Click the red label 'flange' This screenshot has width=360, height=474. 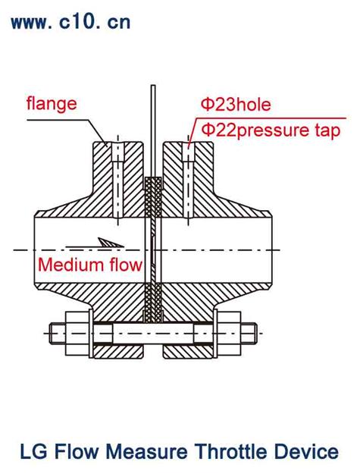(52, 104)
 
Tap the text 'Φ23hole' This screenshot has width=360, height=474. (236, 105)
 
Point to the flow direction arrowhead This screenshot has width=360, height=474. (111, 243)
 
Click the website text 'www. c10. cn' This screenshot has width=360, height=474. (70, 22)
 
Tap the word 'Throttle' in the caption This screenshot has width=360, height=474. (231, 452)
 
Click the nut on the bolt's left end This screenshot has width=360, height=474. (77, 334)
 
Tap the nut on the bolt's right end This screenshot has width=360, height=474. (229, 334)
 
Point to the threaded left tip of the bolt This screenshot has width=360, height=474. (58, 334)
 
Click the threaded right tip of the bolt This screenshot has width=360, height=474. (249, 334)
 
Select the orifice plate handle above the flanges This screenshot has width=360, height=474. (153, 130)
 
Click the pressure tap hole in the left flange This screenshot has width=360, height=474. (117, 180)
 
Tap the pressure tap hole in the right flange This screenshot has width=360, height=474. (189, 180)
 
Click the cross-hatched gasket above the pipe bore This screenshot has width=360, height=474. (153, 197)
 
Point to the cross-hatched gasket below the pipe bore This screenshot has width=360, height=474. (153, 303)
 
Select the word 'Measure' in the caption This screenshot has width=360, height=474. (146, 452)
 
